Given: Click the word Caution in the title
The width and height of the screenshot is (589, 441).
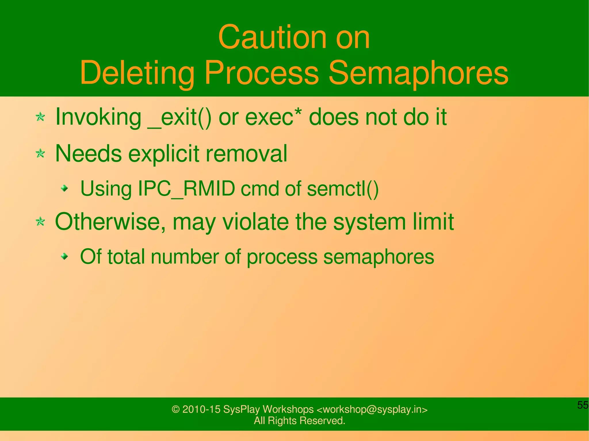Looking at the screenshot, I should click(272, 38).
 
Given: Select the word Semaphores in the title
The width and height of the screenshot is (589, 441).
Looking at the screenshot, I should click(418, 73).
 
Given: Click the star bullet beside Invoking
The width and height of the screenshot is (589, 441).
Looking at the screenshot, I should click(40, 117).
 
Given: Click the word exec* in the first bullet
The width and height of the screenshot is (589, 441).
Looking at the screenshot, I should click(274, 117).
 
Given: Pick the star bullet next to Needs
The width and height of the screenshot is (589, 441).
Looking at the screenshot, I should click(40, 153).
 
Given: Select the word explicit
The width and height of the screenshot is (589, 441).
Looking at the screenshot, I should click(164, 154).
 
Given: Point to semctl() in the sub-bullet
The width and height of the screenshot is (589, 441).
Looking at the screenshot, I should click(343, 189).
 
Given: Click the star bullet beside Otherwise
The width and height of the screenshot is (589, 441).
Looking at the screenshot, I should click(40, 222).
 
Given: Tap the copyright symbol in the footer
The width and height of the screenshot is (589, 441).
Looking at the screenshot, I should click(175, 409).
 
